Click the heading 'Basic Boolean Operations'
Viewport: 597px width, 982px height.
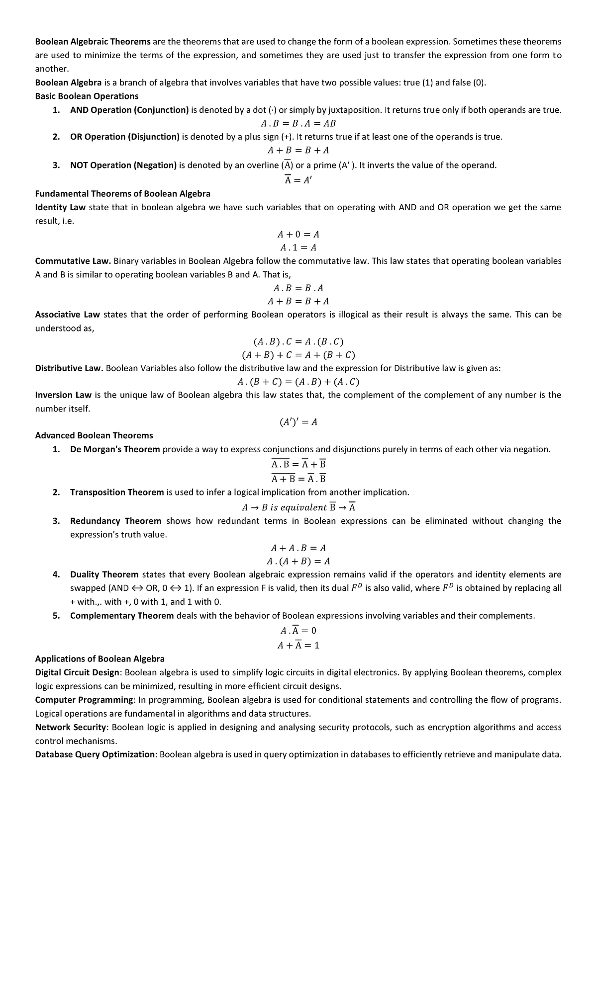[87, 96]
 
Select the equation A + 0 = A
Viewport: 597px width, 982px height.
[298, 234]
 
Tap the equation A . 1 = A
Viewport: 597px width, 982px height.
[298, 247]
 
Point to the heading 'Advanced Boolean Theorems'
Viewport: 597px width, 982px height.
[94, 435]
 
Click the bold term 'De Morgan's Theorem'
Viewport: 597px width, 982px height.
[115, 449]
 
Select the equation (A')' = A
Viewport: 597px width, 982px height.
[298, 422]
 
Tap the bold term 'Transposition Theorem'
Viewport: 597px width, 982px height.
[117, 492]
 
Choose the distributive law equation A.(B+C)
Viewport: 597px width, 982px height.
[298, 382]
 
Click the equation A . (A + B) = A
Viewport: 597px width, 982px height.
[298, 561]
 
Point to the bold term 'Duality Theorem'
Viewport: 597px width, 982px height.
[104, 574]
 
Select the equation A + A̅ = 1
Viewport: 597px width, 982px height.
[298, 645]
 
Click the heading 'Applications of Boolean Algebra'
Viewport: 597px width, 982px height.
[99, 658]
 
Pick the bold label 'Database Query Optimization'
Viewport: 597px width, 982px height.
[95, 754]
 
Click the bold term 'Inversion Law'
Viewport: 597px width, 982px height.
[63, 395]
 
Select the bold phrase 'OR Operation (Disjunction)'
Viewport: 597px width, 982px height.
[124, 137]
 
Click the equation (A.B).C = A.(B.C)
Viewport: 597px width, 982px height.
[298, 341]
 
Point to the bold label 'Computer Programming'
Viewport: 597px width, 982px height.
[83, 700]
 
